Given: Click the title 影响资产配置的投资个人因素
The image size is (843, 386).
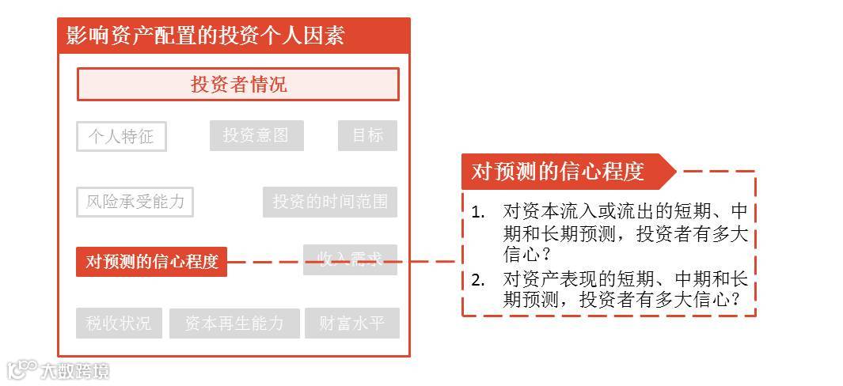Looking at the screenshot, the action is pos(206,36).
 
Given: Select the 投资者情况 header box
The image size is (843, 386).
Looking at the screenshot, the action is pos(237,85).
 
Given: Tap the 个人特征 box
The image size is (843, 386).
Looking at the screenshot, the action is pos(121,136).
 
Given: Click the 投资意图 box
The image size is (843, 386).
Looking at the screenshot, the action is pos(256,135).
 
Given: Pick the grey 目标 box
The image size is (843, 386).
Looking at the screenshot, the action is pos(367,135).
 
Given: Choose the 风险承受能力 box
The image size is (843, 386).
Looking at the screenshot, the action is pos(135,202).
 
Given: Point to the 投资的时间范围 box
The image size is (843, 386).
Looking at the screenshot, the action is pos(330,202).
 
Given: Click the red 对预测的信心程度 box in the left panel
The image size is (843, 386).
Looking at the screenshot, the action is pos(151,262).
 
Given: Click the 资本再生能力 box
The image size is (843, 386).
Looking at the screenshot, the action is pos(234,324).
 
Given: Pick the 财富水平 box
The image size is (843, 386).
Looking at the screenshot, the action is pos(352,324).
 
